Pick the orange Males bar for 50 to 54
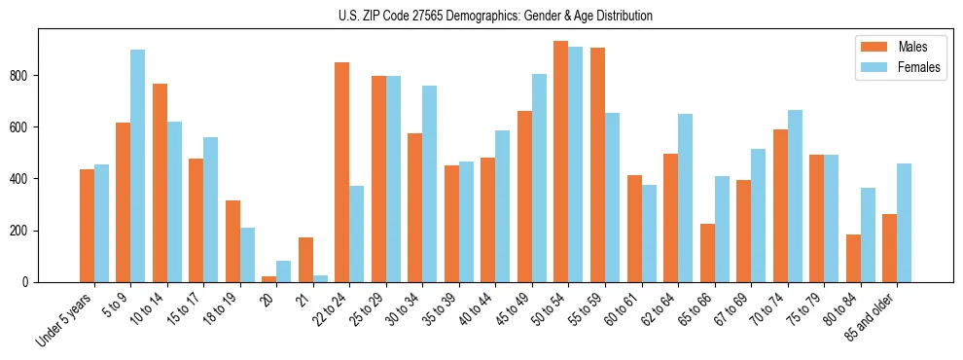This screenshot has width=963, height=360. point(561,162)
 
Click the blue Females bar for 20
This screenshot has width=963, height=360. point(284,271)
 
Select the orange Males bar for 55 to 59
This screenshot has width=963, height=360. point(597,164)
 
